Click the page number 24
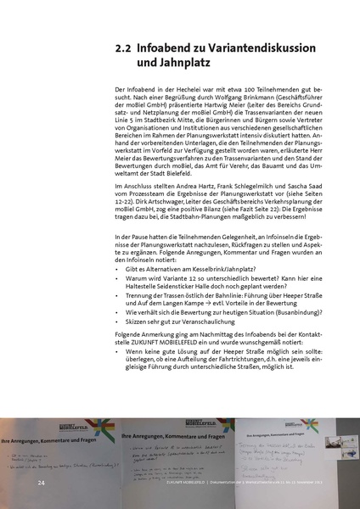click(41, 481)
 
